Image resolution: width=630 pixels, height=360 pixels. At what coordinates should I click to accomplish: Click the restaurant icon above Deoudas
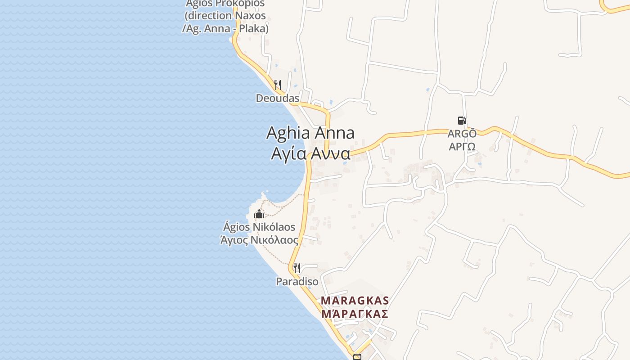[278, 85]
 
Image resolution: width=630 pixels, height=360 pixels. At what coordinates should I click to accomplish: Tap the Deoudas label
[277, 98]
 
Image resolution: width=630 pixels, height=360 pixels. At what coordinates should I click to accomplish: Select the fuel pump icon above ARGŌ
[462, 121]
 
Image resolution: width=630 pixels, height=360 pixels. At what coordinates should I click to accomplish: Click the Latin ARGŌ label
[462, 134]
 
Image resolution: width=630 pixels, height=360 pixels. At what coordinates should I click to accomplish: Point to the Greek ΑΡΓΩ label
[462, 147]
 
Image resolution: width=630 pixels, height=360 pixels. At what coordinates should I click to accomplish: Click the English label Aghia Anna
[310, 133]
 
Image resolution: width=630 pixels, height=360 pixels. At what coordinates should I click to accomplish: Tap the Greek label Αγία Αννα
[310, 153]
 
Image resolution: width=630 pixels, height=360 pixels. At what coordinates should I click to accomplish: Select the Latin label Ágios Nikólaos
[259, 227]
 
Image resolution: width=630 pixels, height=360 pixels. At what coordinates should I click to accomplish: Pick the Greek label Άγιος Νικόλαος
[259, 240]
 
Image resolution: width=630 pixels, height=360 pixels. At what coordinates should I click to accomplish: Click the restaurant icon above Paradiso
[297, 268]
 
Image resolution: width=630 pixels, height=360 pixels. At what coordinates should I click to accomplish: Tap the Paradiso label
[297, 282]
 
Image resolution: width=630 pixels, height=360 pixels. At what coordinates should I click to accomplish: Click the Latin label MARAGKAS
[355, 300]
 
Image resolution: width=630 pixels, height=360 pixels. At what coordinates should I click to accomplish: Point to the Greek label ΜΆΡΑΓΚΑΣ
[355, 314]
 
